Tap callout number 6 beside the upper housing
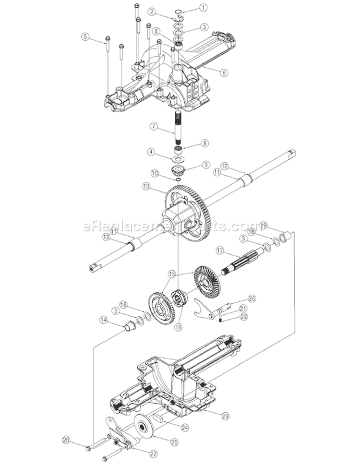[x=224, y=73]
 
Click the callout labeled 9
[x=206, y=164]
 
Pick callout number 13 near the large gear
[x=145, y=185]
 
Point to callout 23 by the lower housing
[x=226, y=417]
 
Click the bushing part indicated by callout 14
[x=129, y=328]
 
